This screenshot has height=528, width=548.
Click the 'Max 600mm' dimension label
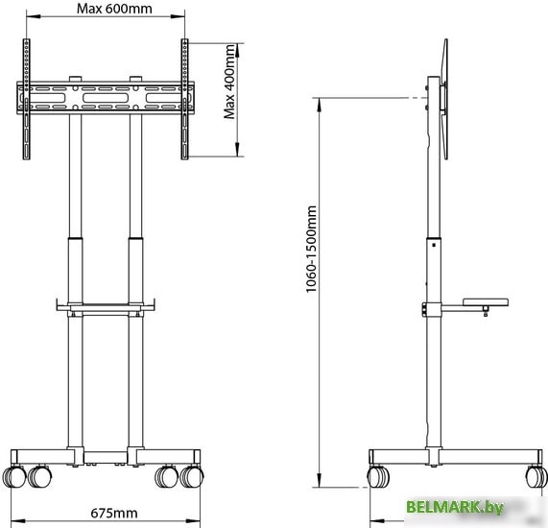(x=114, y=9)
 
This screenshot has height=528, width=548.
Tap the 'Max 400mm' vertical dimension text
(x=229, y=82)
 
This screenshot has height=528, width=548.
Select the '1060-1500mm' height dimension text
(x=311, y=249)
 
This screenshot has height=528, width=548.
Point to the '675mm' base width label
(x=114, y=513)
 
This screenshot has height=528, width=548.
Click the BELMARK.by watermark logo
(x=455, y=507)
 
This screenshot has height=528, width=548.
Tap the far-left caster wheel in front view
(x=14, y=477)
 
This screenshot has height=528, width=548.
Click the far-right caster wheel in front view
(x=192, y=477)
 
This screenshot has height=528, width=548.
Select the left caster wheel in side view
(x=378, y=477)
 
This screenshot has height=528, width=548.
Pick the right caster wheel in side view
(x=536, y=477)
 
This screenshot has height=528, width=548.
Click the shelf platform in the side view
(x=486, y=302)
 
